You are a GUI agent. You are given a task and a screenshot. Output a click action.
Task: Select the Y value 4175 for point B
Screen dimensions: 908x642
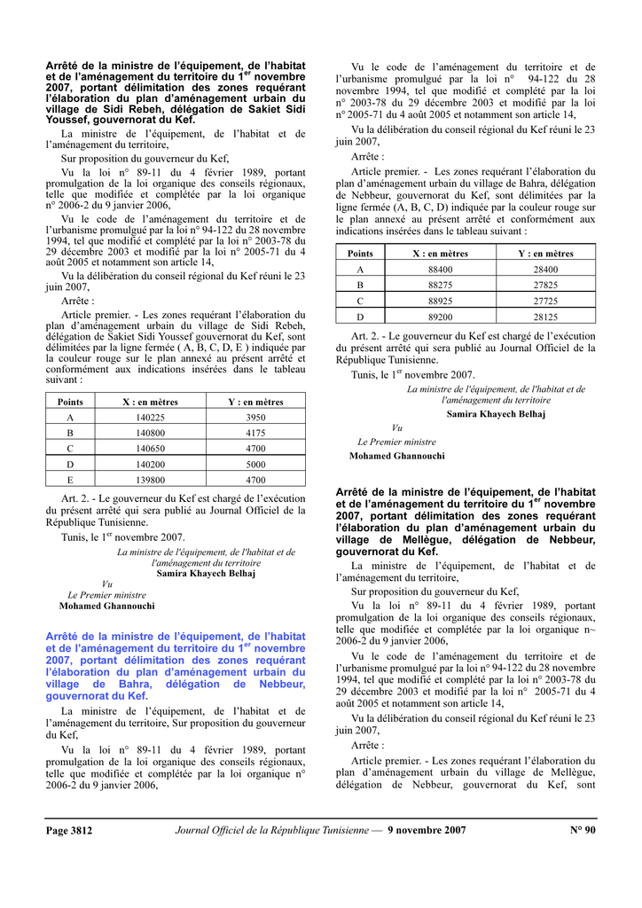(x=255, y=433)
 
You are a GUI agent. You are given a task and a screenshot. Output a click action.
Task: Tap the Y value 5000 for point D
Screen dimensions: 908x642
(x=255, y=464)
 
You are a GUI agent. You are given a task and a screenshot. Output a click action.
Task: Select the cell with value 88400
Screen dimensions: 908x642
(x=440, y=270)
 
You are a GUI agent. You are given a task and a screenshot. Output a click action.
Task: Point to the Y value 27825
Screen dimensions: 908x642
(x=545, y=286)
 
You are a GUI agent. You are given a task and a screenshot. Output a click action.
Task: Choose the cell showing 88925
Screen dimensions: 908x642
(x=440, y=301)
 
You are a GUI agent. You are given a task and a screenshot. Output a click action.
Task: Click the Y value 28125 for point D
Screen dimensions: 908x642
(x=545, y=317)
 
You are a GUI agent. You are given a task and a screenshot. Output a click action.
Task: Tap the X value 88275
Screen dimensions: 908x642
(x=440, y=286)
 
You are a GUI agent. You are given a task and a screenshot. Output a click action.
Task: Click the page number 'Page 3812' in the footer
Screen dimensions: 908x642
(x=69, y=831)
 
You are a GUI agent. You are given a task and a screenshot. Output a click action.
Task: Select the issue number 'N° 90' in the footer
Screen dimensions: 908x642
(x=583, y=831)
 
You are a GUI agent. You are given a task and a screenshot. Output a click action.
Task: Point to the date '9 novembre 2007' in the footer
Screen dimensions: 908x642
(x=427, y=831)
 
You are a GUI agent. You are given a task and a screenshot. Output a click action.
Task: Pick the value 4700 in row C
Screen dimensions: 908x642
(x=255, y=449)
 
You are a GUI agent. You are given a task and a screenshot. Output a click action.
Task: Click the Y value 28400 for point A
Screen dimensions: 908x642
(x=545, y=270)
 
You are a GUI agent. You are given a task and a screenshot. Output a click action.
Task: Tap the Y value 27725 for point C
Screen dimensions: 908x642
(x=545, y=301)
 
